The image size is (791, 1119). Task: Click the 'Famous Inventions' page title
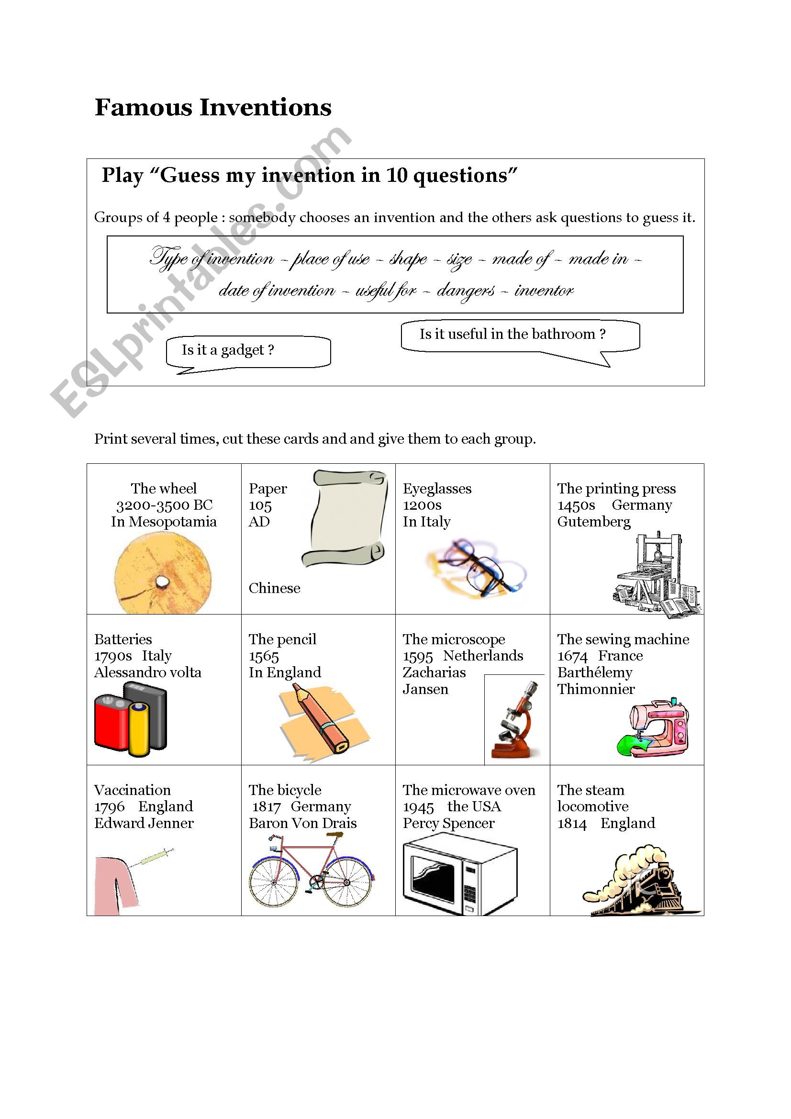(213, 108)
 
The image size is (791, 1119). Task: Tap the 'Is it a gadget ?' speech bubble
(248, 351)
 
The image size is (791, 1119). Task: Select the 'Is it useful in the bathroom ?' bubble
(520, 335)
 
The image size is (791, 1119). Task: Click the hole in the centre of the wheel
(161, 582)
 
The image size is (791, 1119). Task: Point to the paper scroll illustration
(345, 519)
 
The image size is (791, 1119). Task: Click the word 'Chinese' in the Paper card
(274, 588)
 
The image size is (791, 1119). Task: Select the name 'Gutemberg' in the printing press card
(594, 522)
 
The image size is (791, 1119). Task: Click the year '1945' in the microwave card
(418, 807)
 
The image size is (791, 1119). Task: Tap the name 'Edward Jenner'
(144, 824)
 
